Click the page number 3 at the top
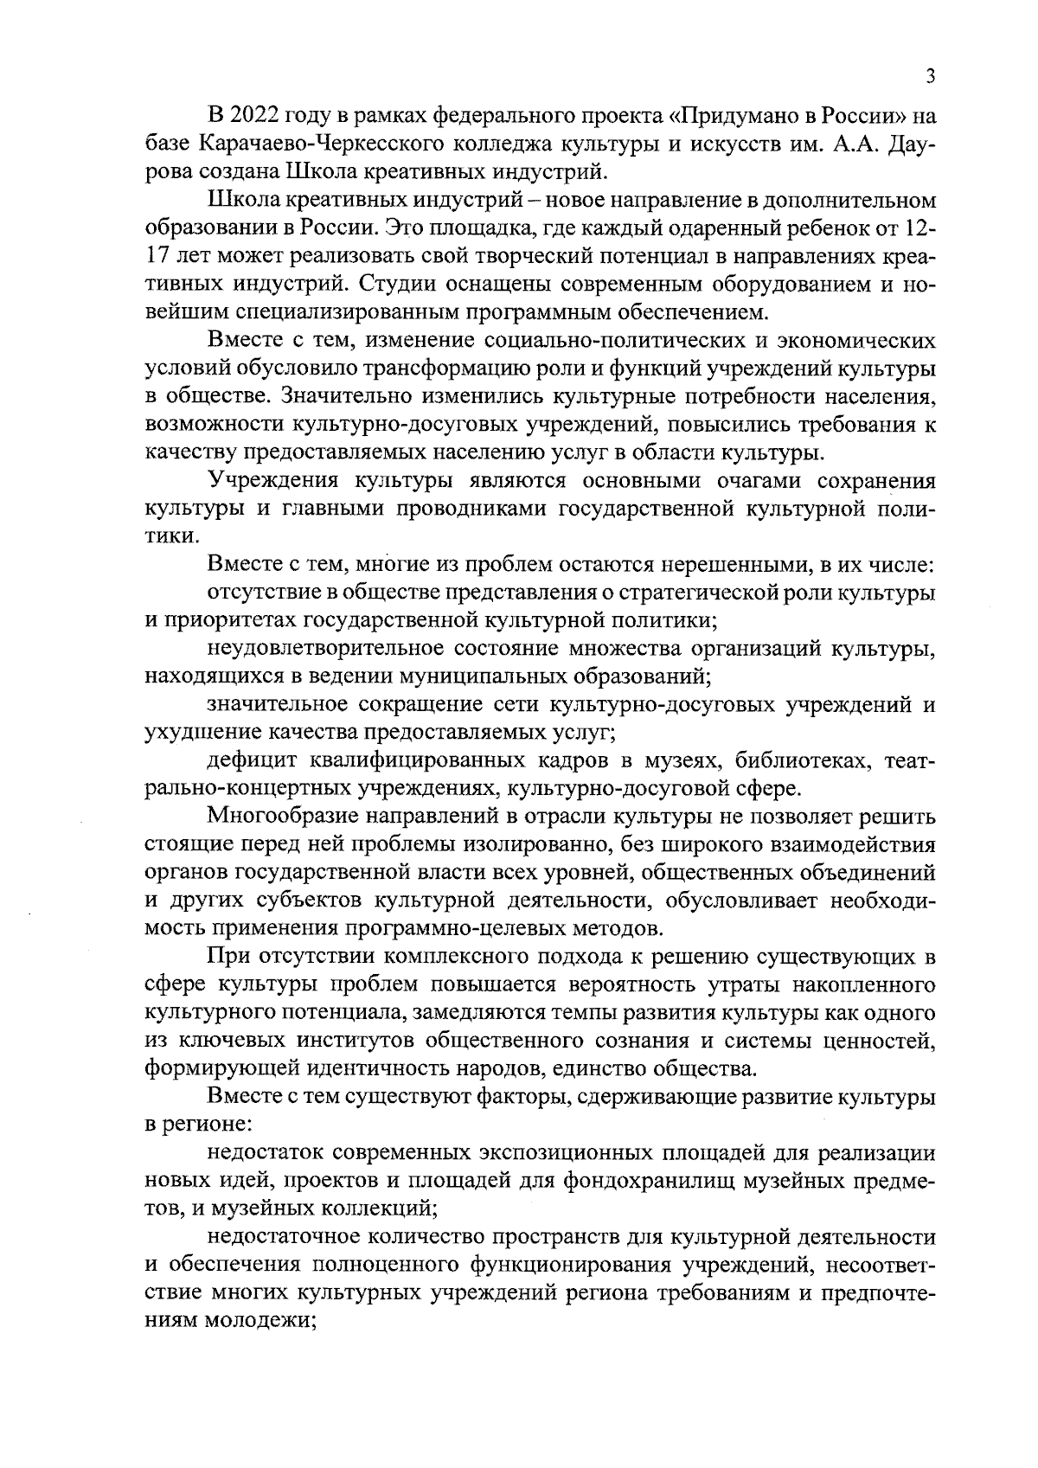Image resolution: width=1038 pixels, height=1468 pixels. pyautogui.click(x=930, y=77)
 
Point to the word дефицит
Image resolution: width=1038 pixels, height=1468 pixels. pyautogui.click(x=250, y=760)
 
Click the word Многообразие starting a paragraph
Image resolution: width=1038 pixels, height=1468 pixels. pyautogui.click(x=279, y=817)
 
